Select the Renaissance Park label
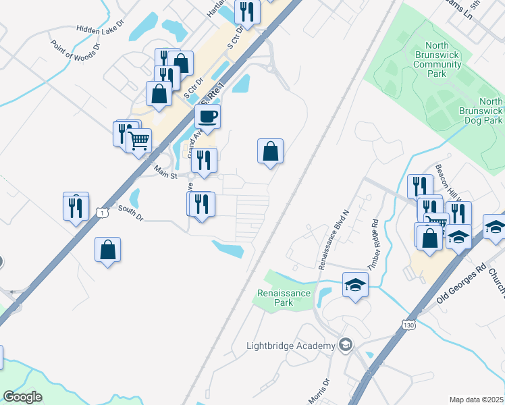pos(284,298)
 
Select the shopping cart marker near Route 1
pos(138,141)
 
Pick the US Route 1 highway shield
pos(101,213)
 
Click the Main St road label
pos(164,173)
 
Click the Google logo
pos(23,397)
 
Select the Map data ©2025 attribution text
pos(476,400)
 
